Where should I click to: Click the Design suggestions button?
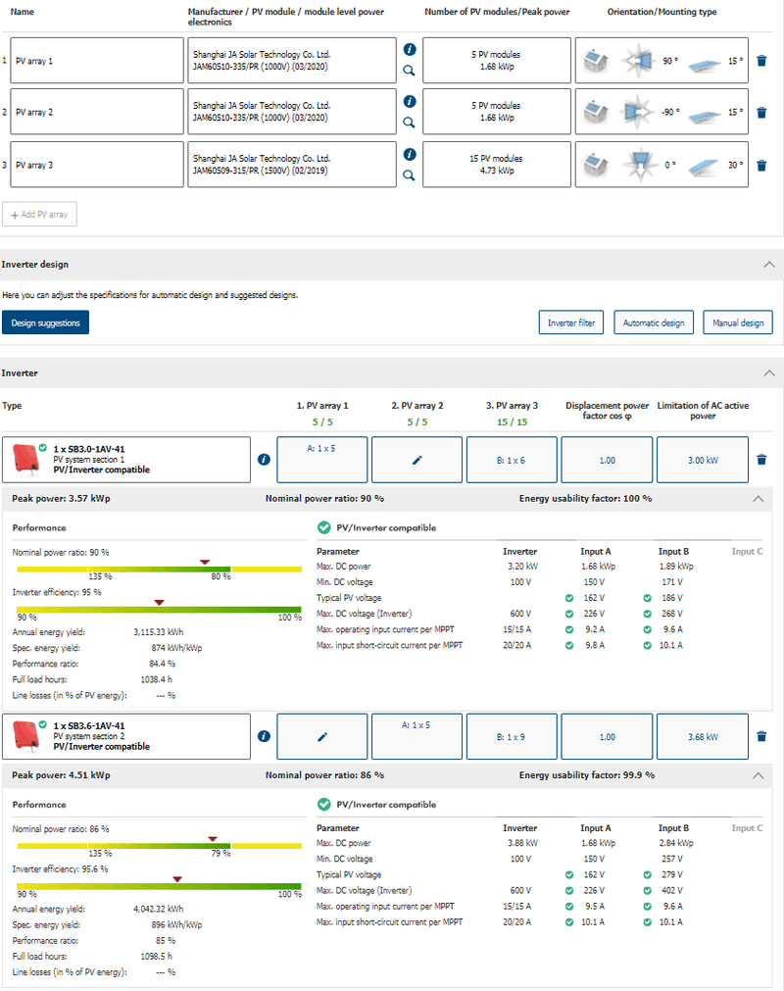[x=45, y=322]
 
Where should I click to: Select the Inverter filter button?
[x=571, y=322]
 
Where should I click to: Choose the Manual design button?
[x=738, y=322]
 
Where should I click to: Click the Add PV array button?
[x=40, y=215]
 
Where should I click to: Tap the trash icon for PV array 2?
[x=761, y=113]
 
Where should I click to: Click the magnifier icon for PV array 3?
[x=409, y=175]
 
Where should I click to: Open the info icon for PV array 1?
[x=409, y=49]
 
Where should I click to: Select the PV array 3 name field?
[x=98, y=165]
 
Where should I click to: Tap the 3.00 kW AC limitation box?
[x=703, y=460]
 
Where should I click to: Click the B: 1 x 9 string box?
[x=512, y=736]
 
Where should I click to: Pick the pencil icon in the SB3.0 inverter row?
[x=416, y=460]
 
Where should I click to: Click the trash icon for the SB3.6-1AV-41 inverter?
[x=761, y=736]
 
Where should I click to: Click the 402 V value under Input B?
[x=671, y=891]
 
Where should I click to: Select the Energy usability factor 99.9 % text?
[x=586, y=775]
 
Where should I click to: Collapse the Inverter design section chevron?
[x=768, y=265]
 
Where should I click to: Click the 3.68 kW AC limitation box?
[x=703, y=736]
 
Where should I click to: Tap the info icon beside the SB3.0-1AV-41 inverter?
[x=264, y=460]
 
